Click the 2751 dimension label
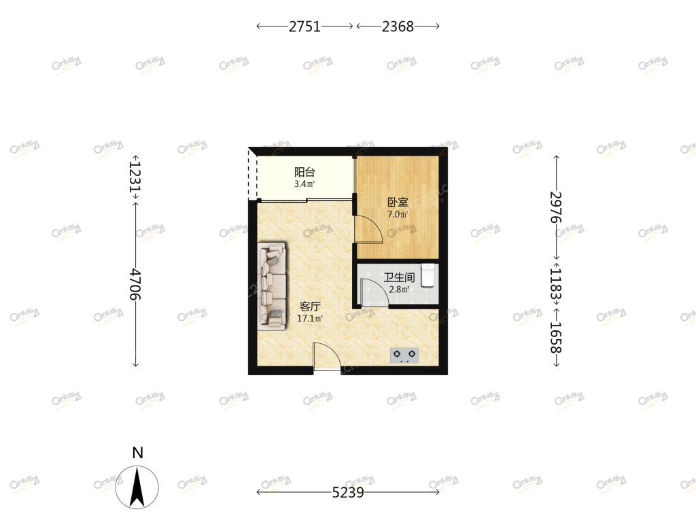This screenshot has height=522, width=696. (x=304, y=27)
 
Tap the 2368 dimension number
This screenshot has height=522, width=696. (x=398, y=27)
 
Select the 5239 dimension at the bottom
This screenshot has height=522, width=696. (x=348, y=492)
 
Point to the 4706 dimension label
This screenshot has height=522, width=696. (x=135, y=283)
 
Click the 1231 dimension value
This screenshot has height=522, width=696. (x=135, y=176)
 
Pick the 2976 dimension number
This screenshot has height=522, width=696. (x=556, y=207)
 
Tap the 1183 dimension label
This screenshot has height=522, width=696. (x=556, y=283)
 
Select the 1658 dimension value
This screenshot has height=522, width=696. (x=556, y=337)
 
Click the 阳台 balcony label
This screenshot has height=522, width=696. (x=304, y=172)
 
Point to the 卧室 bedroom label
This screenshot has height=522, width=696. (x=398, y=203)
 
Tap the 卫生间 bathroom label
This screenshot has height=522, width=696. (x=399, y=278)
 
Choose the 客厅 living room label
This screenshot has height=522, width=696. (x=310, y=307)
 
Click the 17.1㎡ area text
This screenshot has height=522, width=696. (x=310, y=318)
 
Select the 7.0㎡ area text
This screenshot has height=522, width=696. (x=398, y=215)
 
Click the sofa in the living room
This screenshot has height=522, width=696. (x=272, y=286)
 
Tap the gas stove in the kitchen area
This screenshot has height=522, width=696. (x=404, y=355)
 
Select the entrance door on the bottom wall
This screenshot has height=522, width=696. (x=327, y=357)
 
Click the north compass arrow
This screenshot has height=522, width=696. (x=137, y=487)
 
